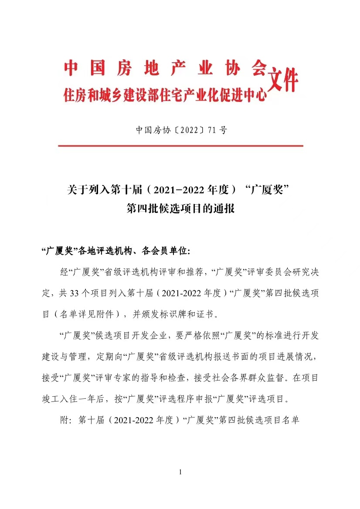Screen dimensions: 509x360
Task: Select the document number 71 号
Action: pos(217,130)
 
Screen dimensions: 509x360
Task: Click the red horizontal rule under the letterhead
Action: pos(180,145)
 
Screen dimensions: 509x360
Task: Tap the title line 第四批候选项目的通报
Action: pos(180,208)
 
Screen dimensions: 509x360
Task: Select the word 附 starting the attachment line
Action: pos(64,420)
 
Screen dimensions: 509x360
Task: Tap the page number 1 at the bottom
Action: pos(180,472)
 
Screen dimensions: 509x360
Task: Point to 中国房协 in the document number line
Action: pos(151,130)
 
